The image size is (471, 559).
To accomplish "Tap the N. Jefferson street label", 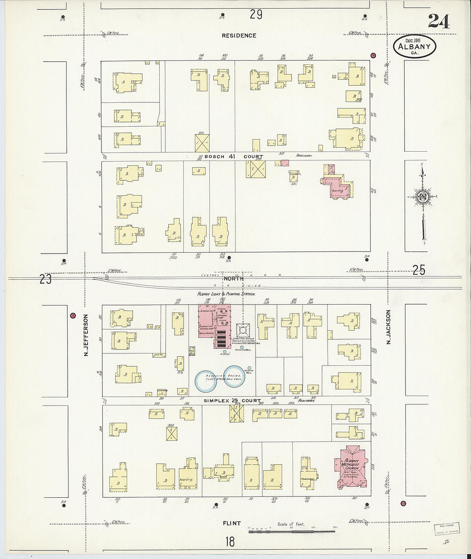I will coord(86,335).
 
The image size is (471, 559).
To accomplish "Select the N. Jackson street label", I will coord(389,327).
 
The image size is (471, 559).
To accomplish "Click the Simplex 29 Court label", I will coord(232,401).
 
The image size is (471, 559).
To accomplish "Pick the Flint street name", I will coord(232,523).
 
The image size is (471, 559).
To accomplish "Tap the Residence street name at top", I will coord(239,36).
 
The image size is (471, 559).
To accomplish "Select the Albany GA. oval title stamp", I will coord(414,46).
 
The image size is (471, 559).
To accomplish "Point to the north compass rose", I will coord(423,197).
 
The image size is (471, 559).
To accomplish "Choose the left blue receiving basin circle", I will coord(206,381).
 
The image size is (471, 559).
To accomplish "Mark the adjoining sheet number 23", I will coord(45,279).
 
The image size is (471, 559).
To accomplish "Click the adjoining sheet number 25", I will coord(419,269).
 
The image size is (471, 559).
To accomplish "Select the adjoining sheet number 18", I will coord(230,541).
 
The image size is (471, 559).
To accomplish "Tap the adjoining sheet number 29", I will coord(256,14).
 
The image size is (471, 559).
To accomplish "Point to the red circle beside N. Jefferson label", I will coord(72,316).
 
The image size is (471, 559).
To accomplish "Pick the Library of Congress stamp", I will coord(446,528).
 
